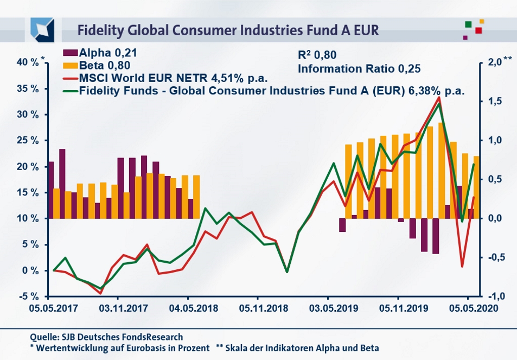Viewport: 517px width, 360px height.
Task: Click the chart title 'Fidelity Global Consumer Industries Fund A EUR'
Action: click(x=227, y=29)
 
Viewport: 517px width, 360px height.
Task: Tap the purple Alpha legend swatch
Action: click(x=70, y=53)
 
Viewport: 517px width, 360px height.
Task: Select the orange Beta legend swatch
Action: click(x=70, y=65)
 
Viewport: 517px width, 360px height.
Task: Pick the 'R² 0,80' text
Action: click(x=318, y=54)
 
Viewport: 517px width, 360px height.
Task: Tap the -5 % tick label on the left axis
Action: click(x=27, y=296)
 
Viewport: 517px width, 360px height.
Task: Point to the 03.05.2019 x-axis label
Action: click(x=328, y=307)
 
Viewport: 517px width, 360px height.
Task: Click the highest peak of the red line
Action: click(x=439, y=98)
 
